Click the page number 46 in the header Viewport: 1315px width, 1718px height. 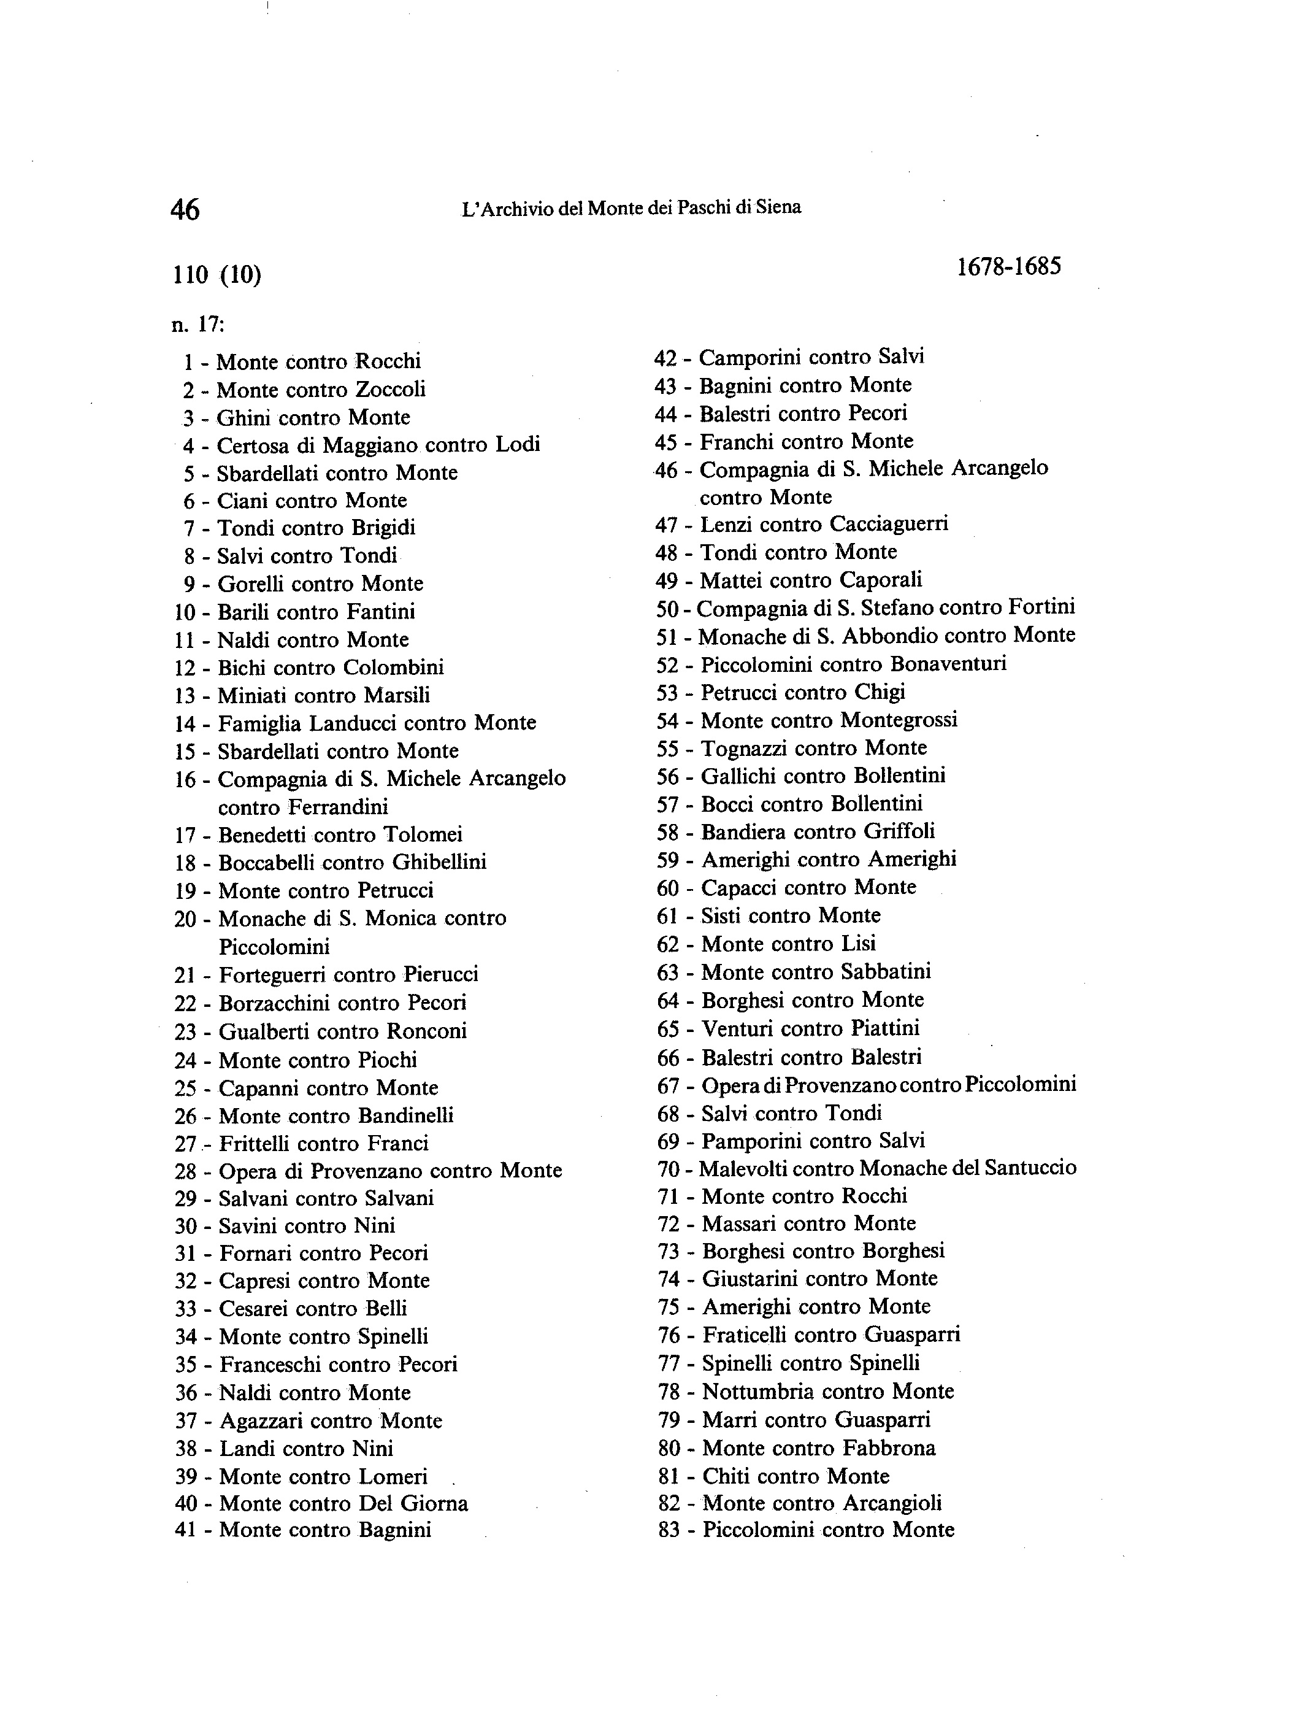(185, 210)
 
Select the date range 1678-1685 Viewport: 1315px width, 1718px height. (1009, 267)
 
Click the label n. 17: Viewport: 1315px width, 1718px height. (198, 324)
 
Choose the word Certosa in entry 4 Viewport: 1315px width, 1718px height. (247, 445)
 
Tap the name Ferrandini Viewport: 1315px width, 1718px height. (337, 806)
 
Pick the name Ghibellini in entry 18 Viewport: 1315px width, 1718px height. (439, 862)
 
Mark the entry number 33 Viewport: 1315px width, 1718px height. (185, 1309)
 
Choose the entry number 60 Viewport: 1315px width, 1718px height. (668, 888)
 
